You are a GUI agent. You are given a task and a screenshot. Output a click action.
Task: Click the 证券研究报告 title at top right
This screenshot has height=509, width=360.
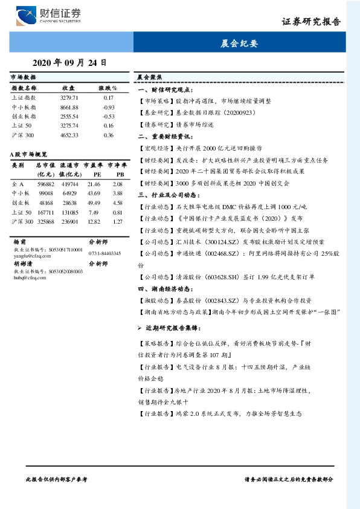(x=311, y=22)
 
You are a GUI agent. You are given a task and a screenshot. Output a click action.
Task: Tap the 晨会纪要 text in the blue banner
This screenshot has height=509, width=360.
(x=239, y=44)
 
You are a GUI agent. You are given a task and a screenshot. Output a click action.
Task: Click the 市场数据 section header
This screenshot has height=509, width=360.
(x=23, y=78)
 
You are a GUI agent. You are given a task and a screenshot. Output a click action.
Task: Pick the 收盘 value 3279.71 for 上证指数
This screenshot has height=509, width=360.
(x=69, y=97)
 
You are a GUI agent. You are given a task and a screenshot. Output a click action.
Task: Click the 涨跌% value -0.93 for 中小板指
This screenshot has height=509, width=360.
(x=109, y=107)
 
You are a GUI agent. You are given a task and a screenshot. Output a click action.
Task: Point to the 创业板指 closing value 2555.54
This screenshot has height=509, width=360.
(x=69, y=116)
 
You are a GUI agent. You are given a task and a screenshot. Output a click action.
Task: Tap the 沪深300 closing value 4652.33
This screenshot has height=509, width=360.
(x=69, y=135)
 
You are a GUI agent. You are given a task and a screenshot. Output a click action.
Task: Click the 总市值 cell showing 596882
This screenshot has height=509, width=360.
(x=46, y=183)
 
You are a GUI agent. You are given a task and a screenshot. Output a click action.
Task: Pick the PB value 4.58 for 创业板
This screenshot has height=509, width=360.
(x=118, y=203)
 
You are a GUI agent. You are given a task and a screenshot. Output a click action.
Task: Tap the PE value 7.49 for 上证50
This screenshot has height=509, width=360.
(x=93, y=212)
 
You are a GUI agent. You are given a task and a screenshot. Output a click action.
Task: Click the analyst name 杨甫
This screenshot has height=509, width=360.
(x=20, y=241)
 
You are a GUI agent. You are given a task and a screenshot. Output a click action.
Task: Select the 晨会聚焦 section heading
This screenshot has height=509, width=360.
(x=148, y=78)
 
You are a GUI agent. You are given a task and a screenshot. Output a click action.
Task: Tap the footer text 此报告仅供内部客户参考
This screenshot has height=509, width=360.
(x=57, y=478)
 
